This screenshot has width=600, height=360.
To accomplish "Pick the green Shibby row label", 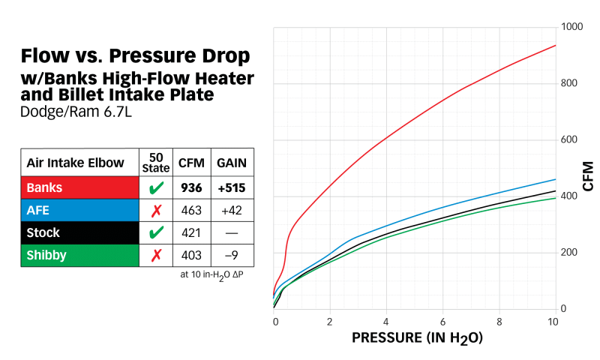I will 46,255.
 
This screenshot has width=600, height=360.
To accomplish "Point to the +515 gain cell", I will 231,187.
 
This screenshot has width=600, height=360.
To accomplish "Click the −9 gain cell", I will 231,255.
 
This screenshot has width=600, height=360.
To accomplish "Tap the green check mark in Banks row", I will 156,187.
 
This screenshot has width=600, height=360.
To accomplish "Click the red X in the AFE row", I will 156,209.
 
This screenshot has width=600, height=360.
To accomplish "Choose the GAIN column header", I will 231,162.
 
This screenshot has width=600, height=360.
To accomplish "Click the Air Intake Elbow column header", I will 79,162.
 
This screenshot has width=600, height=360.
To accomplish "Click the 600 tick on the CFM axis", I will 571,140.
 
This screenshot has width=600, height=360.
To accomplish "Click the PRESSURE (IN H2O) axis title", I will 416,338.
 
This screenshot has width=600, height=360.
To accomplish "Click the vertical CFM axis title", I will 588,175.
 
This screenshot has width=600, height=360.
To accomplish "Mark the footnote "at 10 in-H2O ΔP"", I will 216,275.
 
